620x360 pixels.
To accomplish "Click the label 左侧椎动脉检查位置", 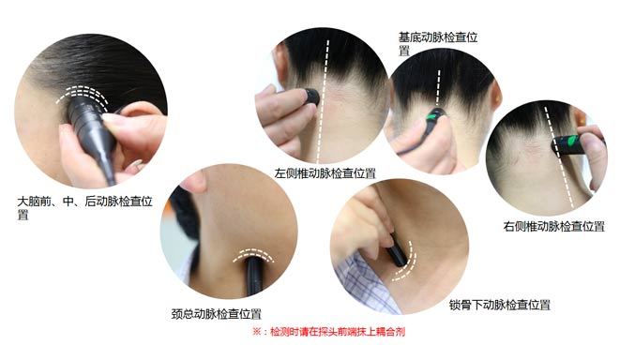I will (x=325, y=173).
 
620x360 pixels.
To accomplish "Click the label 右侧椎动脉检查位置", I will (x=553, y=226).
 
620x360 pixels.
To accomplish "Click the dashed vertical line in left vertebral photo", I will (x=325, y=103).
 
